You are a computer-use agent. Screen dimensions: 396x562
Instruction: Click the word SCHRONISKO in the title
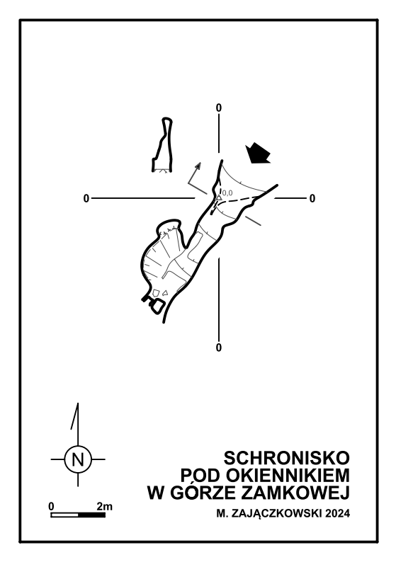tap(287, 458)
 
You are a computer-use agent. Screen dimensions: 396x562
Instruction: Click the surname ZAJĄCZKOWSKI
tap(278, 514)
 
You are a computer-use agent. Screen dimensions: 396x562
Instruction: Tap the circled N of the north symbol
tap(78, 459)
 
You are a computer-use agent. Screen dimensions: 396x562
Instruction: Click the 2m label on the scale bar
tap(104, 507)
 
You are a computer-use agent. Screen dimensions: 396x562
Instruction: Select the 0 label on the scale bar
tap(52, 507)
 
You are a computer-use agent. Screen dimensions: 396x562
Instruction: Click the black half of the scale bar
tap(92, 515)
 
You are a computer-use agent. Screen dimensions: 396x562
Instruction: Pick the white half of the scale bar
tap(64, 515)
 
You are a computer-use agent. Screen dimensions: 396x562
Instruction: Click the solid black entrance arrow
tap(258, 154)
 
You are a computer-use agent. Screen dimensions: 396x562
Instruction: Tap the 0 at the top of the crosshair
tap(218, 108)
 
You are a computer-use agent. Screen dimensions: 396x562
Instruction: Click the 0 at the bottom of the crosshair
tap(218, 348)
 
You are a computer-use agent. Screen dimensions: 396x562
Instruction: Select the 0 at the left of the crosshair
tap(86, 198)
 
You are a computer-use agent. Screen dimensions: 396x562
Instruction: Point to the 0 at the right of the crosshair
tap(312, 198)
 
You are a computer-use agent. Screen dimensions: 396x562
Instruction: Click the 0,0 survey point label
tap(227, 193)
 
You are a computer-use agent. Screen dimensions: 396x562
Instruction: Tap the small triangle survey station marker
tap(218, 197)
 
